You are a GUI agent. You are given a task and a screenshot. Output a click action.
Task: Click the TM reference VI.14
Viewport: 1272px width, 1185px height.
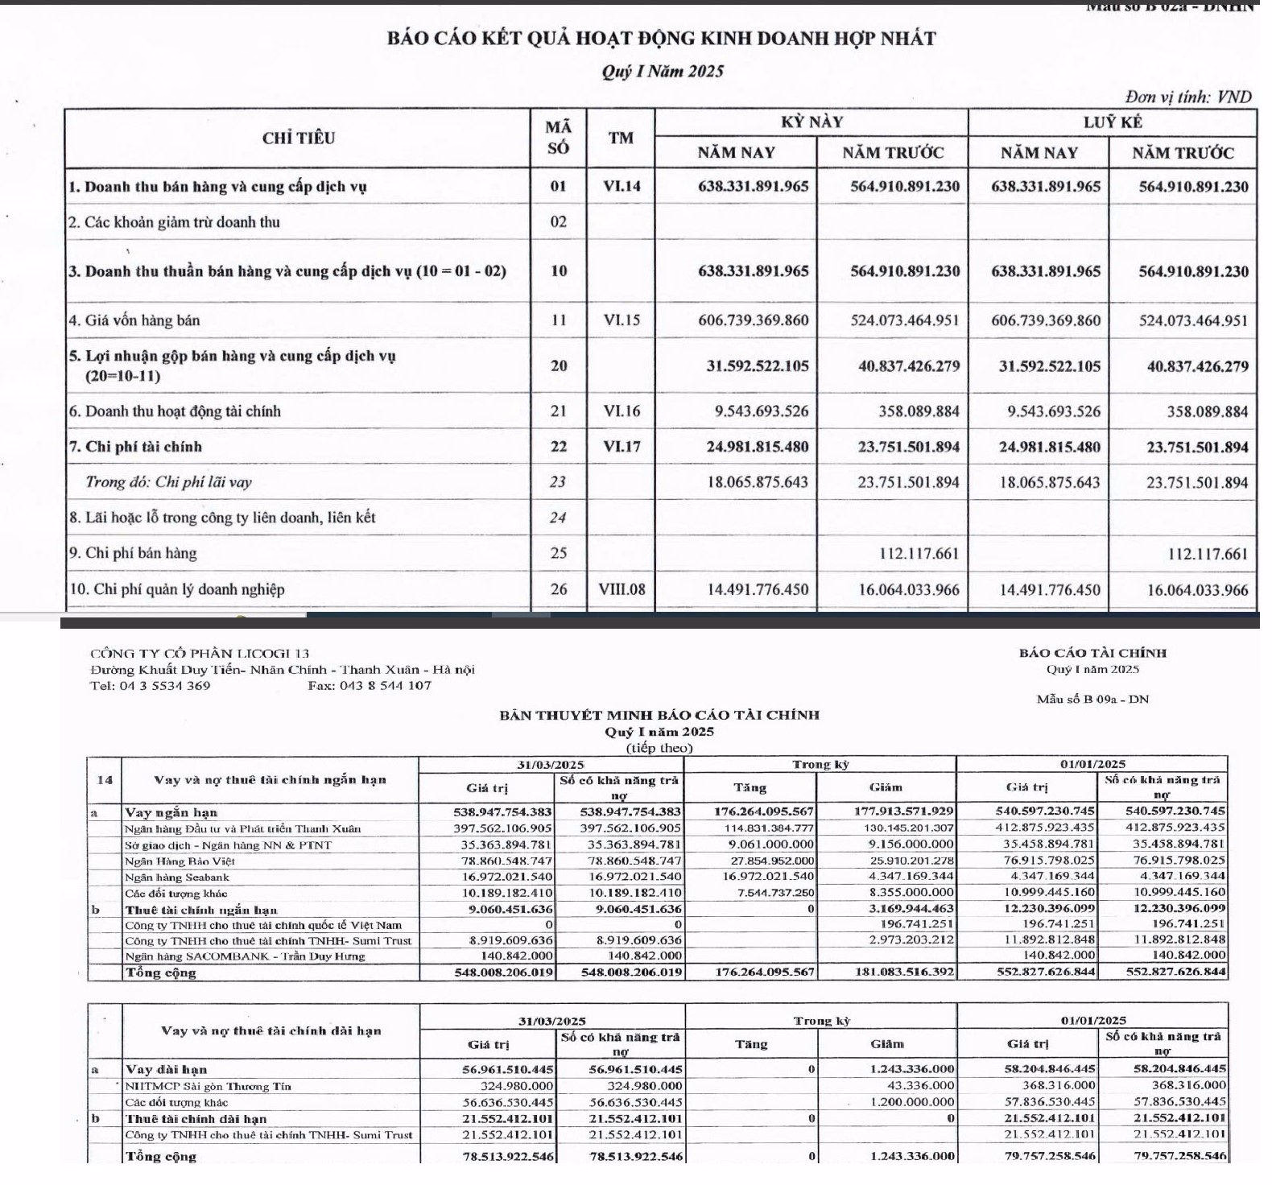621,187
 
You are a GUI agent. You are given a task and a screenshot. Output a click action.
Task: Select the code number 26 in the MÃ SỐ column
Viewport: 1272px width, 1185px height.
558,589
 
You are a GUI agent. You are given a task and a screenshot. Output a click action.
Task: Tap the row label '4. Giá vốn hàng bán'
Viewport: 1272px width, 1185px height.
134,320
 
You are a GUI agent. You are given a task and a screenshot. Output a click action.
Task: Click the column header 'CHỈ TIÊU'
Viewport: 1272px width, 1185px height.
298,138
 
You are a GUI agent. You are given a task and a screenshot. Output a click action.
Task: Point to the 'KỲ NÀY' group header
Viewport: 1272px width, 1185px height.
812,122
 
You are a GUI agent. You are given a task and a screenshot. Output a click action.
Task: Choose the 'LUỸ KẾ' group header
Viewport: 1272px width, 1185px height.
1112,122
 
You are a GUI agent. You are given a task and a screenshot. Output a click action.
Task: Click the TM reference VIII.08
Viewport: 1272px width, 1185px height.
622,589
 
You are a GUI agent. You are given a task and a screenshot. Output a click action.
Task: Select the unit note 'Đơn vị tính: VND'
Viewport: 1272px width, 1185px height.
1188,97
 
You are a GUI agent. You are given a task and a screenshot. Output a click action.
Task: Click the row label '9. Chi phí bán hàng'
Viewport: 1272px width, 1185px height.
132,553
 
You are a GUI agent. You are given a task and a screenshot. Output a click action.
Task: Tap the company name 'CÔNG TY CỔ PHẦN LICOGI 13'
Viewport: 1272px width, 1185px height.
200,654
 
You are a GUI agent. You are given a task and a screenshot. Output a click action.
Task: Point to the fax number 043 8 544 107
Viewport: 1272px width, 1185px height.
370,686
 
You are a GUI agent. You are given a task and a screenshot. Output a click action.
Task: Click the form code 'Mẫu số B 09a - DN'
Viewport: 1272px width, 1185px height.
1092,699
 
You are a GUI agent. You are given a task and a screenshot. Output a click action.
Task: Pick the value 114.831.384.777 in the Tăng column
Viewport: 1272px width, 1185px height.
759,828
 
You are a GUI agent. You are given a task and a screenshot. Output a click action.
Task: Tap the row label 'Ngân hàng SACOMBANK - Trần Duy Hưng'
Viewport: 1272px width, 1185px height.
245,956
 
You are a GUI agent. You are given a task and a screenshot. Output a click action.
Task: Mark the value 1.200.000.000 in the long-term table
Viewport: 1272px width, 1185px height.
912,1102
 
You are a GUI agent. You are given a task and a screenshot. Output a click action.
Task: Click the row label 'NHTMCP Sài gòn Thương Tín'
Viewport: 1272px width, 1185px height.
208,1086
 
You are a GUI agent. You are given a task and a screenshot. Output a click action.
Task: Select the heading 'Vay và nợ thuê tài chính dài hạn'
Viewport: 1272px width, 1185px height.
271,1030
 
